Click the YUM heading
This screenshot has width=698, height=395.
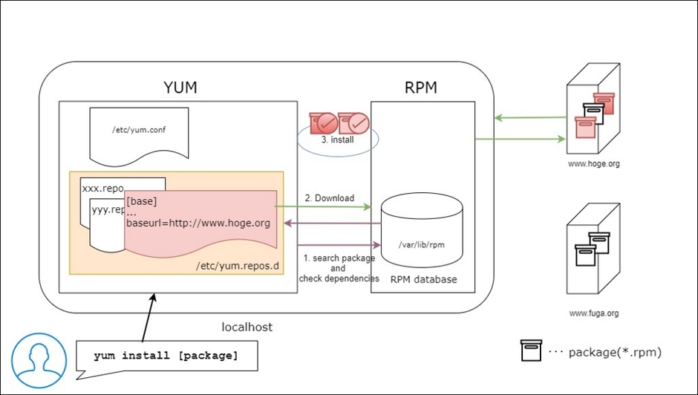pos(180,87)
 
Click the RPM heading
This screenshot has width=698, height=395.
pos(420,88)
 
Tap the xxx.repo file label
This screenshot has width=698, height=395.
pos(102,189)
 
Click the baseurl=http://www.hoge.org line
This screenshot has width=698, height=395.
pos(198,223)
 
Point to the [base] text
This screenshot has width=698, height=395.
pos(141,201)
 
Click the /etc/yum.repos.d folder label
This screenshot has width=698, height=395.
pos(238,265)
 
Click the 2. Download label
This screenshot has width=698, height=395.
pos(329,197)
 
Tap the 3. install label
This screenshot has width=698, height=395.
pos(338,139)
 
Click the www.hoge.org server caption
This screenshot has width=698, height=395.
pos(593,164)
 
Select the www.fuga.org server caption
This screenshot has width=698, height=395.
pos(593,313)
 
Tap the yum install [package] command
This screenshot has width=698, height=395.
pos(166,356)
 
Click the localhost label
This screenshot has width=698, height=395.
pos(247,327)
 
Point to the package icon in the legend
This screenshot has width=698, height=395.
pos(532,351)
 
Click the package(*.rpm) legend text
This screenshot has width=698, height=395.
pos(614,352)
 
